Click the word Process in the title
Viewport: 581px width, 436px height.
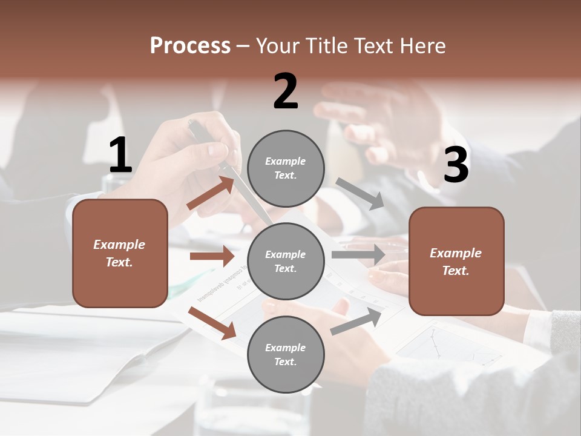pyautogui.click(x=190, y=46)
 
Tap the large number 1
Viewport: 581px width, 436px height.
pyautogui.click(x=120, y=156)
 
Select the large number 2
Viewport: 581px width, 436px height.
pyautogui.click(x=286, y=91)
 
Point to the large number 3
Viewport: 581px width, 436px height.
pyautogui.click(x=456, y=165)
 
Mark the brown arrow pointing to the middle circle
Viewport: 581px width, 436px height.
pyautogui.click(x=212, y=256)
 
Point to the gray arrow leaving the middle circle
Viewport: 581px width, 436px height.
pyautogui.click(x=358, y=255)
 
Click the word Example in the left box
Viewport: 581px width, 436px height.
pyautogui.click(x=119, y=245)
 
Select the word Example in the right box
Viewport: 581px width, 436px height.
pyautogui.click(x=456, y=253)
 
